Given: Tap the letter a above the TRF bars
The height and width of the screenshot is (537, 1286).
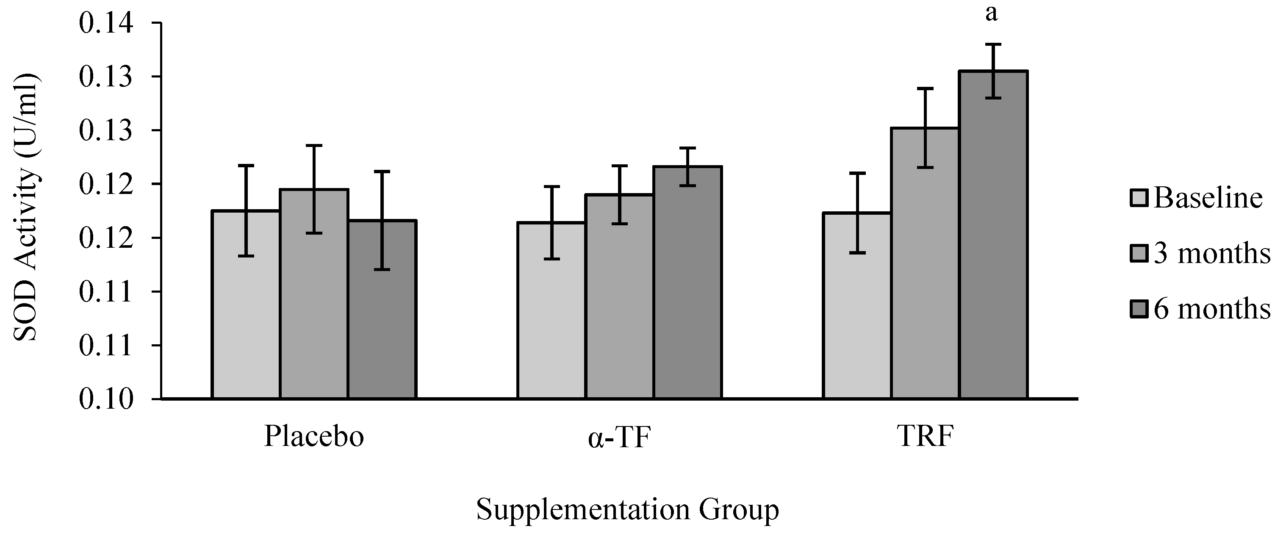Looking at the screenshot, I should tap(992, 14).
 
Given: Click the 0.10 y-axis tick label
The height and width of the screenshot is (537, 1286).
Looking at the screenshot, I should tap(106, 399).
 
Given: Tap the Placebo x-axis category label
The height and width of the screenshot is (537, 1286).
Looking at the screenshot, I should tap(313, 436).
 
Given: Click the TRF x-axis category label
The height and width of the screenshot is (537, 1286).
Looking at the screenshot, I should tap(925, 436).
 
